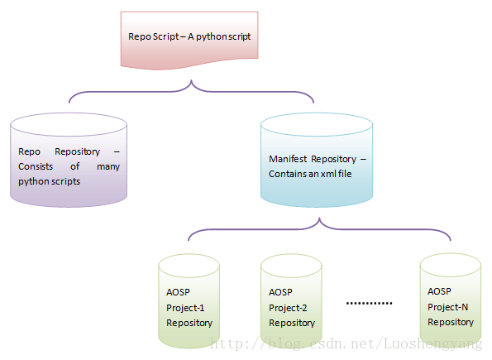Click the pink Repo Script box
tap(189, 39)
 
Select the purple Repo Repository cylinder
tap(69, 160)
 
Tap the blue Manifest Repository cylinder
tap(317, 160)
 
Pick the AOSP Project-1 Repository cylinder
tap(189, 301)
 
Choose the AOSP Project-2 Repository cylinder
tap(291, 301)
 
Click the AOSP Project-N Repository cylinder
tap(451, 300)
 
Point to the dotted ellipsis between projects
tap(369, 303)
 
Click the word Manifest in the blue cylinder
tap(288, 159)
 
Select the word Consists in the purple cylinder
tap(36, 166)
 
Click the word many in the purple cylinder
tap(108, 167)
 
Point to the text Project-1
tap(185, 308)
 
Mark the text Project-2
tap(288, 308)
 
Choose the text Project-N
tap(447, 307)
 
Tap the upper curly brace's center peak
tap(191, 81)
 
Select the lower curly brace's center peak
tap(319, 218)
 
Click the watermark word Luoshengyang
tap(433, 343)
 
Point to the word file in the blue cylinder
tap(345, 174)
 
